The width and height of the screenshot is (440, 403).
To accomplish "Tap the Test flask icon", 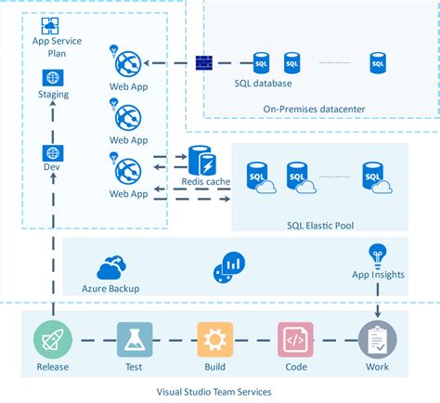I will coord(129,340).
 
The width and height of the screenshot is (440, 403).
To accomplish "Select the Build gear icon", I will coord(214,340).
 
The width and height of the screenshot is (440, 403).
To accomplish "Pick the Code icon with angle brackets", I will coord(294,340).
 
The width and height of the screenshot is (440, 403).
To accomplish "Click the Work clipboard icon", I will coord(377,340).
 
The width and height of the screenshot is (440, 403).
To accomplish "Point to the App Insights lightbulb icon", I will coord(377,253).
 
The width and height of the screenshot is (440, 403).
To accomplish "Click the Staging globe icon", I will coord(53,78).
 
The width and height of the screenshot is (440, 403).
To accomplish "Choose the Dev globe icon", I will coord(53,153).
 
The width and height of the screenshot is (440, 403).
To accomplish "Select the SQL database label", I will coord(263,84).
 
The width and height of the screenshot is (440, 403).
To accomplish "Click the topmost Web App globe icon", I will coord(127,65).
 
